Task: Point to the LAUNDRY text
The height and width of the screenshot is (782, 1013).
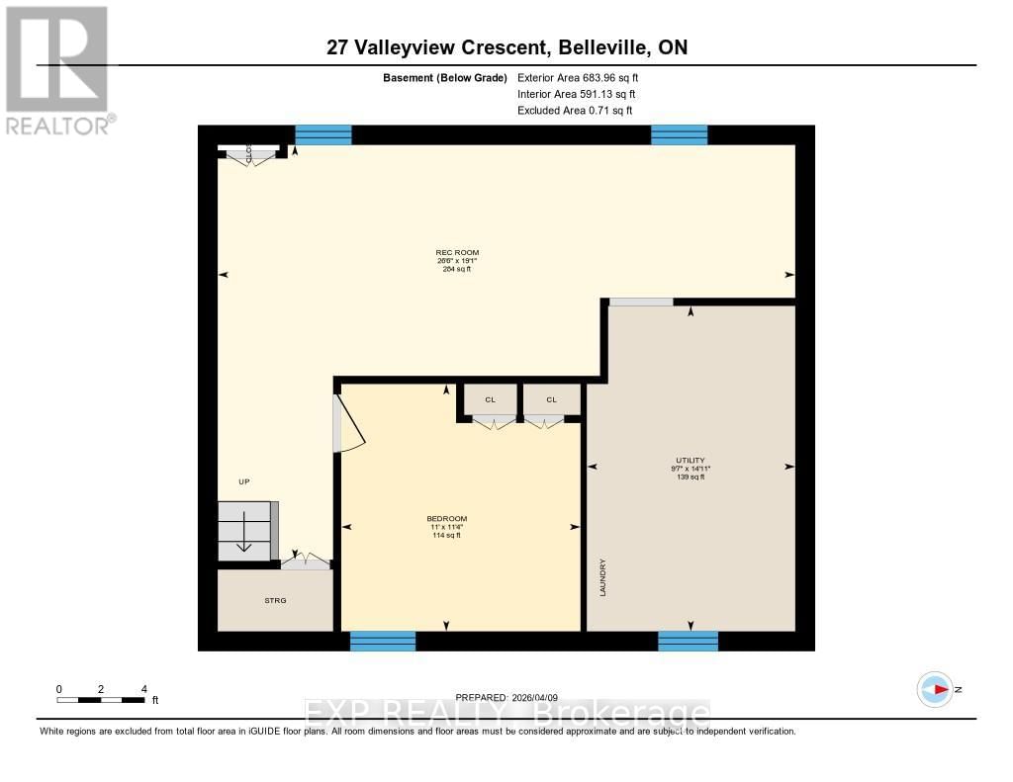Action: tap(601, 577)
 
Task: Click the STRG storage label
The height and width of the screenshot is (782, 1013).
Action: tap(275, 600)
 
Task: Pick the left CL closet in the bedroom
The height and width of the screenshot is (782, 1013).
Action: tap(490, 400)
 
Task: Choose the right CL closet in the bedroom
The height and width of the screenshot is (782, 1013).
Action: tap(551, 400)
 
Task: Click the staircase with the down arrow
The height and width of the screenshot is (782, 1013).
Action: tap(245, 532)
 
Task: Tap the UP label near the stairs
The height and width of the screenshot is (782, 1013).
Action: tap(243, 481)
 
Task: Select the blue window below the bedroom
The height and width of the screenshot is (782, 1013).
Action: tap(383, 641)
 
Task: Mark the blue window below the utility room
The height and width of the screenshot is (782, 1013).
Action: tap(689, 641)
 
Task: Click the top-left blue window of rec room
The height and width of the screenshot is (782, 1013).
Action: tap(323, 135)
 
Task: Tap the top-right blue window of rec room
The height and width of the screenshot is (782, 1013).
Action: tap(679, 135)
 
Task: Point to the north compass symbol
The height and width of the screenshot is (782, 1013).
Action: tap(935, 689)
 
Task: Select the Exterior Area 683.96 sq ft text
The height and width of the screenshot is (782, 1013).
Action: tap(585, 77)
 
